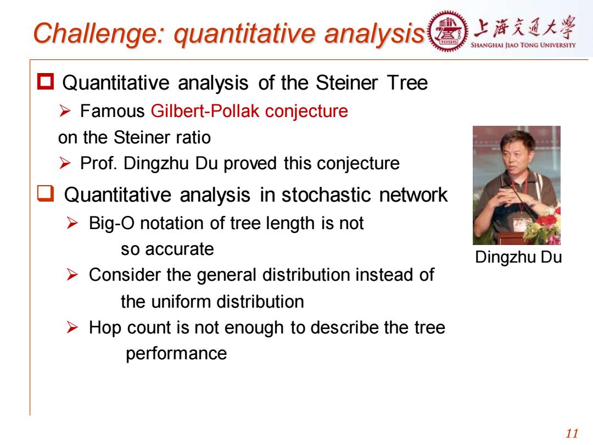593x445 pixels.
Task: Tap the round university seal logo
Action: [x=447, y=31]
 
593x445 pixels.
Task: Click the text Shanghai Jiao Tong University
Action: [x=523, y=45]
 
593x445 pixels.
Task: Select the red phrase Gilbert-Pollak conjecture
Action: [x=249, y=111]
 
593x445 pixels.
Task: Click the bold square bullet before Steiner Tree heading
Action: [x=46, y=82]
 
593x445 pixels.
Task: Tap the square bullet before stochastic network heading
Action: [x=46, y=193]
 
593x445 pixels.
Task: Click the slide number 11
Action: [x=572, y=433]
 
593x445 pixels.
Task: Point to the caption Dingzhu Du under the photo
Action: [x=518, y=257]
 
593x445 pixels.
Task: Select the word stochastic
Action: [x=327, y=195]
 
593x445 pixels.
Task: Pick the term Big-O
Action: [x=111, y=223]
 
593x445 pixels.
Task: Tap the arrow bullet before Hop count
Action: [x=72, y=327]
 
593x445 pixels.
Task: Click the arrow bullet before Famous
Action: [x=65, y=111]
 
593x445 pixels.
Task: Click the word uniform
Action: [x=181, y=302]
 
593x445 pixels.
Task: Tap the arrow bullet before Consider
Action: [x=72, y=275]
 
